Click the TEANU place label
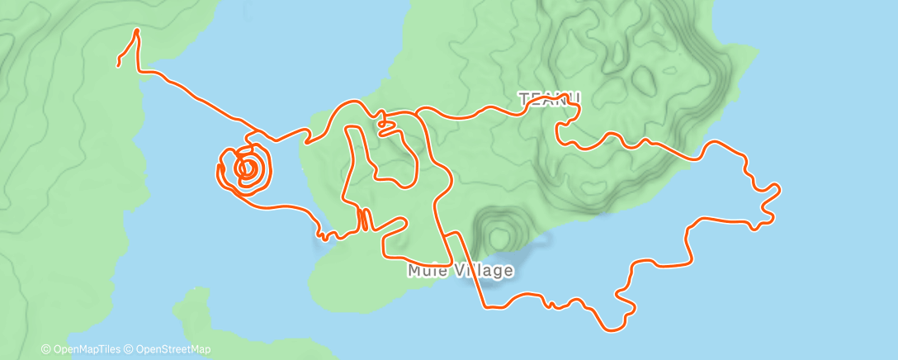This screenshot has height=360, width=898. point(550,99)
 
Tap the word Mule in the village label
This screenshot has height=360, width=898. point(426,271)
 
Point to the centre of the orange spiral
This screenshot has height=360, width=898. point(246,168)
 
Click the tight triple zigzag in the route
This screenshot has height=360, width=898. point(363,219)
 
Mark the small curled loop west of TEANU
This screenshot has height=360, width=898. point(385,126)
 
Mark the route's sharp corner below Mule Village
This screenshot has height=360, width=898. point(485,307)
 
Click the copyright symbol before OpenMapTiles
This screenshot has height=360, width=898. point(45,349)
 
